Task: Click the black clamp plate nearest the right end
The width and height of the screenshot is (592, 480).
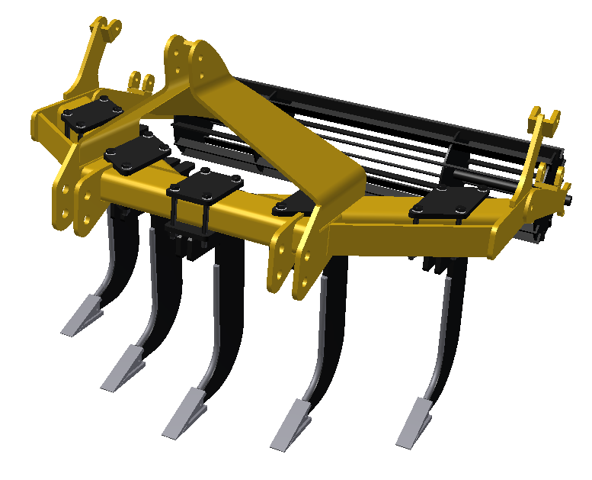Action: pyautogui.click(x=445, y=202)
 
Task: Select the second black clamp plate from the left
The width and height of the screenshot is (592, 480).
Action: pyautogui.click(x=137, y=153)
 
